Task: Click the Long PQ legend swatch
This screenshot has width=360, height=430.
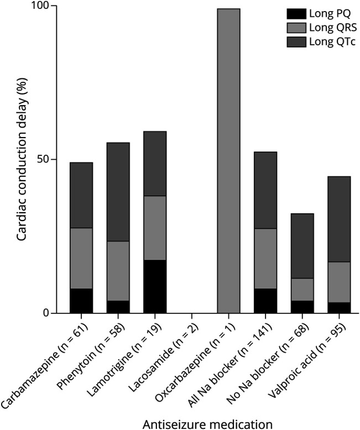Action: pos(296,14)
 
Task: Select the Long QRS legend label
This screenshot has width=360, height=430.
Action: pos(333,28)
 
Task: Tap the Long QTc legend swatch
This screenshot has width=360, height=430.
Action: pos(296,42)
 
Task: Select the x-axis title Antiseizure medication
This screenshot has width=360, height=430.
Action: pos(207,424)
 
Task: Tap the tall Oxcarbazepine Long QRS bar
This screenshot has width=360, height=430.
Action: pos(228,161)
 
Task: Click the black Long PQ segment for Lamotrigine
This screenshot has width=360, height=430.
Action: pos(155,286)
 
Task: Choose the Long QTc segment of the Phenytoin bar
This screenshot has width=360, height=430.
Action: pos(118,192)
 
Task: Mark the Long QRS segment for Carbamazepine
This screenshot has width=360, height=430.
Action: pos(81,258)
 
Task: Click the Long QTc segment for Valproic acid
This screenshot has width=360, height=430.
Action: pos(339,219)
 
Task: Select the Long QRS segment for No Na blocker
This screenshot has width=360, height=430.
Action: pos(302,290)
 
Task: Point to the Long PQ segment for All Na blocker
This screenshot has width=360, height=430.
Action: pos(265,301)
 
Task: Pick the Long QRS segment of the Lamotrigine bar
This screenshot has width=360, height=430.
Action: pos(155,228)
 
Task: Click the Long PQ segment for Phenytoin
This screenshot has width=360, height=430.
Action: pos(118,307)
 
